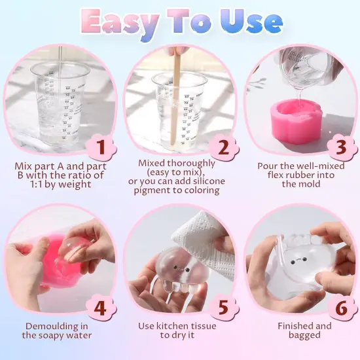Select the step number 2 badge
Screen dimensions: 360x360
(x=223, y=148)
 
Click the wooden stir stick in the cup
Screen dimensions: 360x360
(x=176, y=98)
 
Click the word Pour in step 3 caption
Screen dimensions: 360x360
(x=267, y=163)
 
